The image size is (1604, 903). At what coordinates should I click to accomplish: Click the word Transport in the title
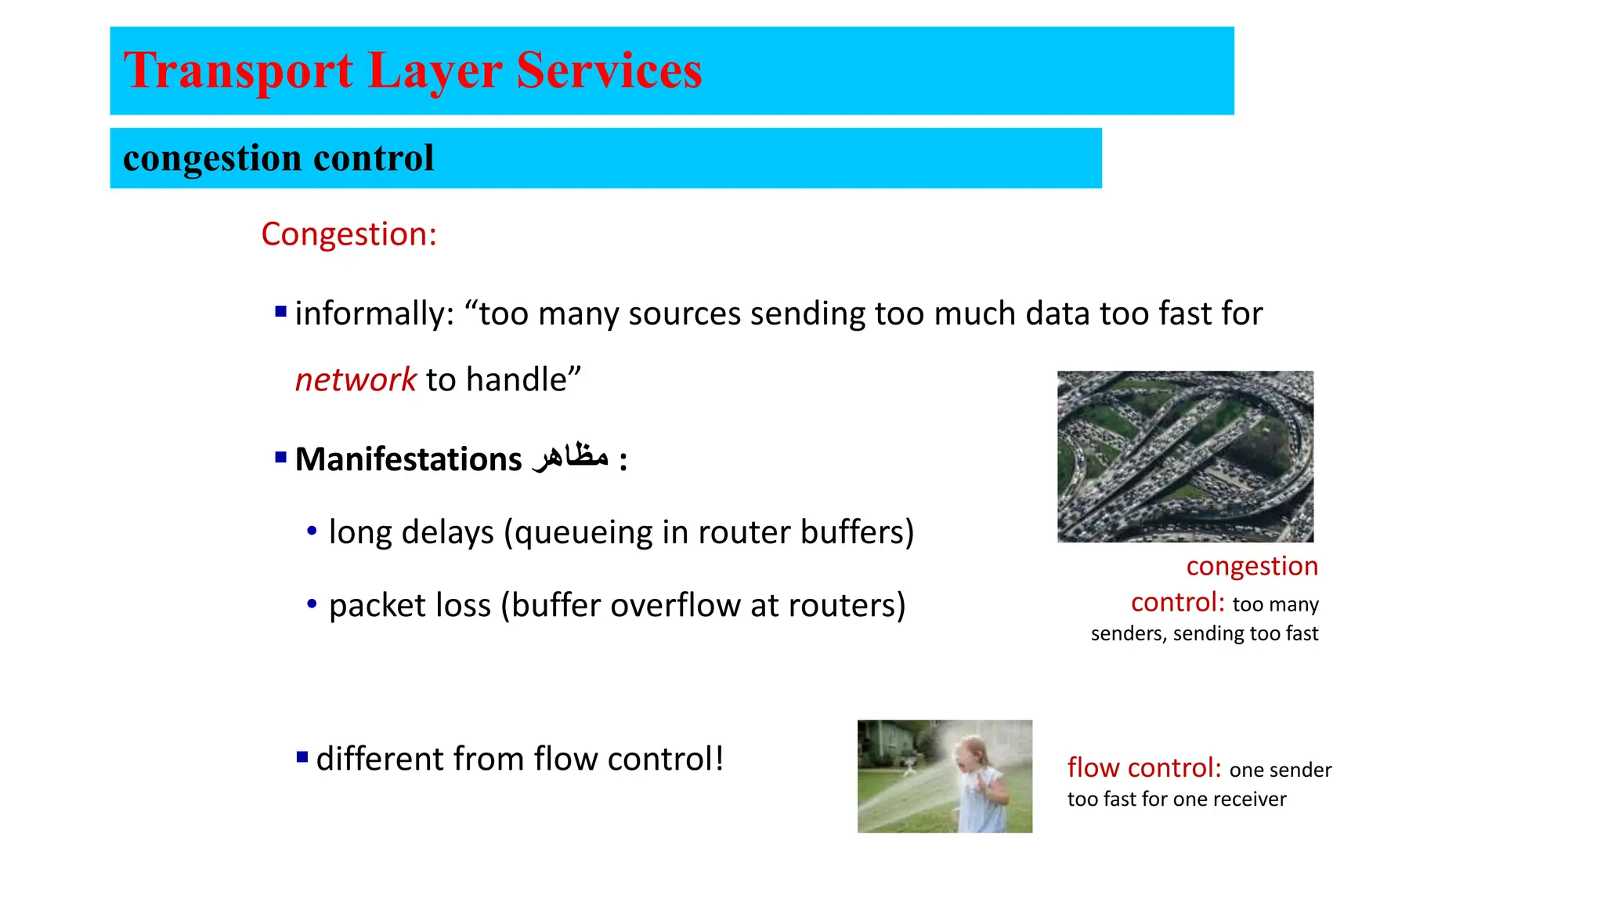pyautogui.click(x=238, y=71)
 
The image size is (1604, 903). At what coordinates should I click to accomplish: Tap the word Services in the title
pyautogui.click(x=609, y=71)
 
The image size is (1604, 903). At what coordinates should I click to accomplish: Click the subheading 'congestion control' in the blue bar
pyautogui.click(x=278, y=158)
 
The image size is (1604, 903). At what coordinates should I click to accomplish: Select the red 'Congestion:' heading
pyautogui.click(x=349, y=234)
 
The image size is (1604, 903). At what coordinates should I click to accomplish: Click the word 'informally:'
pyautogui.click(x=374, y=314)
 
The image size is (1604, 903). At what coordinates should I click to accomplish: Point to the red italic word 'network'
pyautogui.click(x=356, y=380)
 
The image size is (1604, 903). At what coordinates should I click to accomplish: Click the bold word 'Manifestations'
pyautogui.click(x=408, y=459)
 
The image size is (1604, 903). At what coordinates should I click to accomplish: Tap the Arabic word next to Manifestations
pyautogui.click(x=570, y=457)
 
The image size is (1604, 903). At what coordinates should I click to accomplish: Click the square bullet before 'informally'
pyautogui.click(x=281, y=312)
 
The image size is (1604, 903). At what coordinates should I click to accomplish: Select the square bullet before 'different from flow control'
pyautogui.click(x=302, y=757)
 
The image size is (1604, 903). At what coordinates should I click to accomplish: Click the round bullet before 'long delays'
pyautogui.click(x=312, y=531)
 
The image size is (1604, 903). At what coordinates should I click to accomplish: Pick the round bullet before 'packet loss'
pyautogui.click(x=312, y=604)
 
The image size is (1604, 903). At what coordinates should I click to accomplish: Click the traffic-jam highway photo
pyautogui.click(x=1185, y=456)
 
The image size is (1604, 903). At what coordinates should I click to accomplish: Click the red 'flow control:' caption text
pyautogui.click(x=1144, y=767)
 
